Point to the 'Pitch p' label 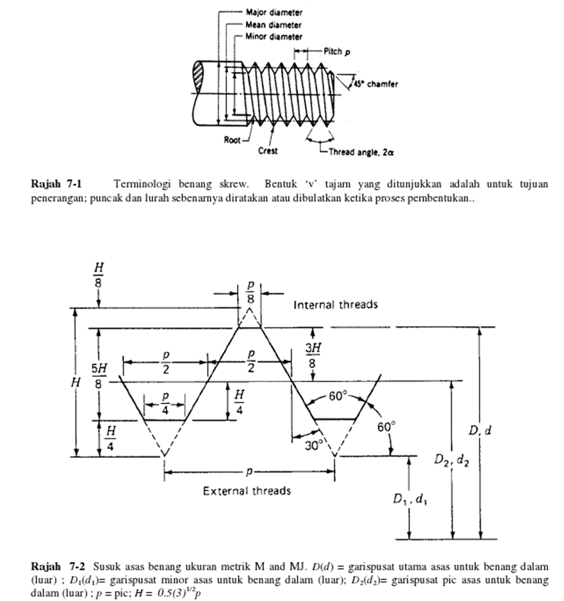(x=337, y=52)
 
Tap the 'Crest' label (x=268, y=150)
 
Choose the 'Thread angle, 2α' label (x=361, y=152)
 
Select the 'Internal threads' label (x=335, y=304)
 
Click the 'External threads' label (x=247, y=491)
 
